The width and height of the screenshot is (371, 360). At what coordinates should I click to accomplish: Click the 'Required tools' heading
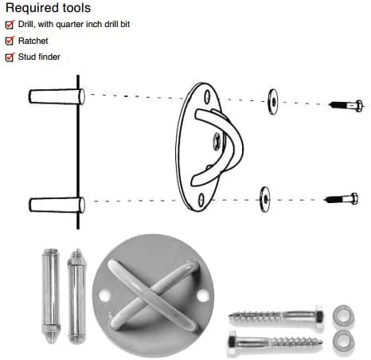point(48,8)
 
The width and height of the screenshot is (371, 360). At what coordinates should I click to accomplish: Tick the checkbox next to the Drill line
point(10,25)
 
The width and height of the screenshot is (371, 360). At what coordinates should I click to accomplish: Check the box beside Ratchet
point(10,41)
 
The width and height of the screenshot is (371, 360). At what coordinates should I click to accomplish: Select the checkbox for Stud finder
point(10,57)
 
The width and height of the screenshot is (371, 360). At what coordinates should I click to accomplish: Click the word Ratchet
point(33,41)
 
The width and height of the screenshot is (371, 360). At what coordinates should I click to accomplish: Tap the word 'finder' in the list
point(49,57)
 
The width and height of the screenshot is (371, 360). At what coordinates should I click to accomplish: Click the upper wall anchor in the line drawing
point(57,96)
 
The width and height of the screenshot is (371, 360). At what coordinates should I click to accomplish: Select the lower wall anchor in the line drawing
point(57,205)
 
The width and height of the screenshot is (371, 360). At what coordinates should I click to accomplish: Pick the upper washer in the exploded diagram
point(273,102)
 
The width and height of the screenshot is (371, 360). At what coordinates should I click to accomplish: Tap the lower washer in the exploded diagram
point(265,199)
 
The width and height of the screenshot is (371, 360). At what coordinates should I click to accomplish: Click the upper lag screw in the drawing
point(346,106)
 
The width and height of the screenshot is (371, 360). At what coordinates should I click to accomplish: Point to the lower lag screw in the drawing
point(342,199)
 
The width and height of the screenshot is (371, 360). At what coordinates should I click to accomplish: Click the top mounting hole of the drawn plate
point(207,96)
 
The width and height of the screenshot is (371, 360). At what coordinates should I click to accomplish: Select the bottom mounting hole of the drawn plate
point(201,200)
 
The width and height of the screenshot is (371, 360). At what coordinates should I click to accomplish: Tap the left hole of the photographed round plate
point(104,295)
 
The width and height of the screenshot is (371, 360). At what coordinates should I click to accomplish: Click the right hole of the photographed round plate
point(203,296)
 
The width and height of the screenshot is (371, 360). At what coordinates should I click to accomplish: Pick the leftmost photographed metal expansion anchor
point(51,295)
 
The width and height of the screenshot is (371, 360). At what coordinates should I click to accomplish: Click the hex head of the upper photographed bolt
point(318,318)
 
